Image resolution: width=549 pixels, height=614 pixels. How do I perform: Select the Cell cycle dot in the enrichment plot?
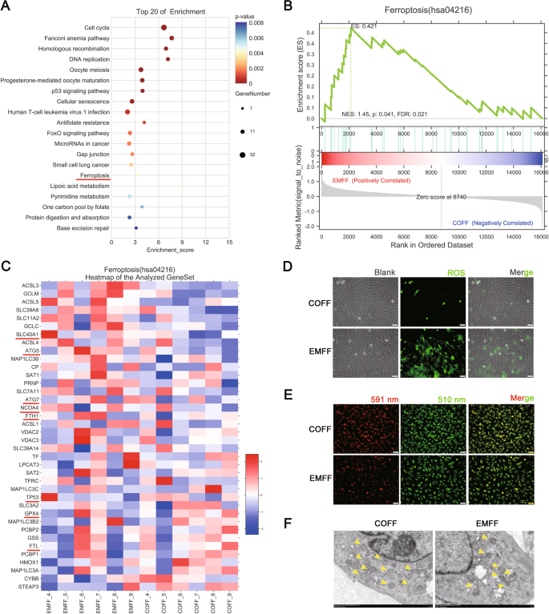164,27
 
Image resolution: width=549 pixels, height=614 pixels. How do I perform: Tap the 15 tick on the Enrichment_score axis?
229,241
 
